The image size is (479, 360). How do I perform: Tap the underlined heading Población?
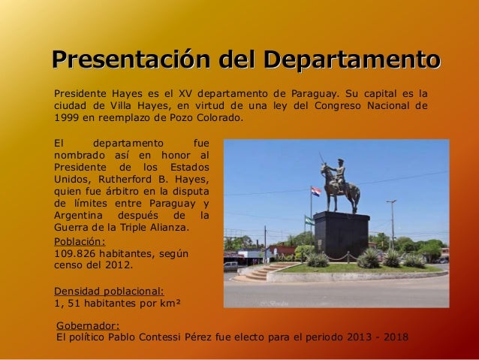80,241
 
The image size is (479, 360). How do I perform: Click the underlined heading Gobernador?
89,325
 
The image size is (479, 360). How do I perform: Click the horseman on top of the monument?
338,183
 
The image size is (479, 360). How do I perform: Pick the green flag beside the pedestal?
309,220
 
